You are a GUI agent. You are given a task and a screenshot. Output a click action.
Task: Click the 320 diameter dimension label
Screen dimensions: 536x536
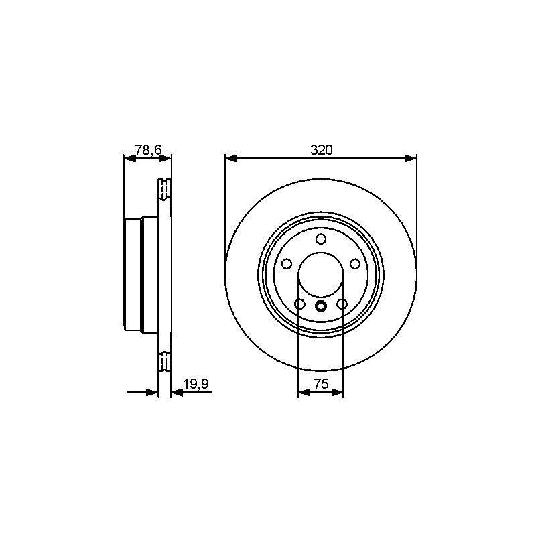[x=321, y=149]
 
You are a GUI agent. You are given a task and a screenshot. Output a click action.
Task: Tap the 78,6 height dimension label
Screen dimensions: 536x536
[x=148, y=149]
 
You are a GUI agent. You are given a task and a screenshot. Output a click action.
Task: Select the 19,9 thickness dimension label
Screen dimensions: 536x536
[x=196, y=384]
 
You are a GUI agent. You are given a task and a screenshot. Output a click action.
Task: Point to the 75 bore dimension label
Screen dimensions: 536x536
[x=321, y=384]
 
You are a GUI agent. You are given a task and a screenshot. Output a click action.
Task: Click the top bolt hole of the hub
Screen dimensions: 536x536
[x=321, y=239]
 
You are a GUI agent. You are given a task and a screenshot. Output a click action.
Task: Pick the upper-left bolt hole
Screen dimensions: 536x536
[x=287, y=263]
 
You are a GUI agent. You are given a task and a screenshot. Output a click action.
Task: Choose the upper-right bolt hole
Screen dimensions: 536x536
[x=355, y=263]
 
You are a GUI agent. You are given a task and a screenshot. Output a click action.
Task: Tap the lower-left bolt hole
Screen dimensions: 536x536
[x=299, y=304]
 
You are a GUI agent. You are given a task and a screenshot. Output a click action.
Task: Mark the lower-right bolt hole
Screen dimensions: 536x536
[x=342, y=304]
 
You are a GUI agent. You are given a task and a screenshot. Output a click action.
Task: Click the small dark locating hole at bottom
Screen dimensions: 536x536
[x=321, y=306]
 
